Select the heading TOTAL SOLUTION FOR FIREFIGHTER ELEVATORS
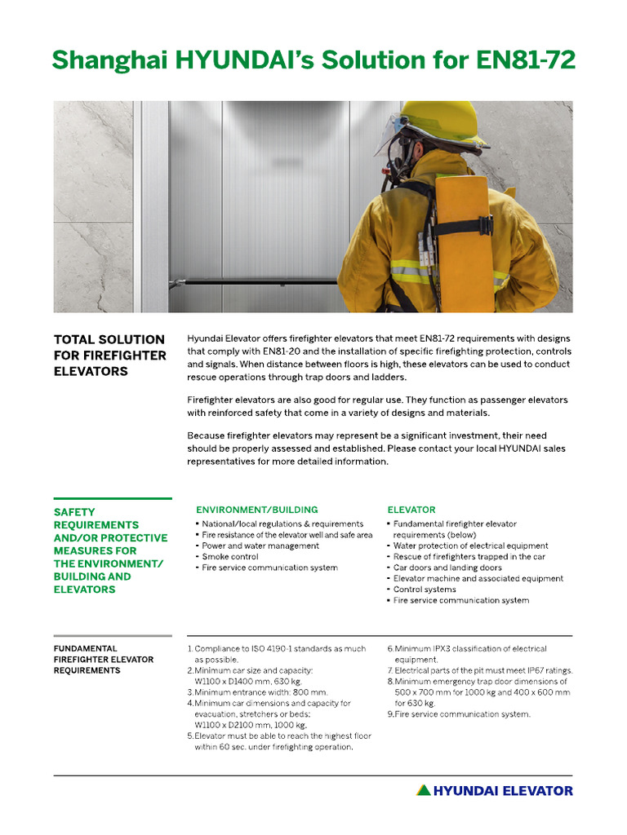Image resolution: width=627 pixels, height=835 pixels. [109, 355]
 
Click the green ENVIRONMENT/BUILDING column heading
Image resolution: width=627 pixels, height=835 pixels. [256, 510]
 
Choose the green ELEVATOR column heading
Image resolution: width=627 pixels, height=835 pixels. [411, 510]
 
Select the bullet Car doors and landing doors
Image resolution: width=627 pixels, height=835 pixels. [447, 568]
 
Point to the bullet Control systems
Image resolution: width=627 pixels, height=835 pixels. [425, 590]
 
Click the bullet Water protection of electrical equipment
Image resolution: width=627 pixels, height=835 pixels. [470, 546]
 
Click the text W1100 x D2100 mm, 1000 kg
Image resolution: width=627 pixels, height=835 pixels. [250, 724]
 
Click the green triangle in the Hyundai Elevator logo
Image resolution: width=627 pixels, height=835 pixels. [423, 790]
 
